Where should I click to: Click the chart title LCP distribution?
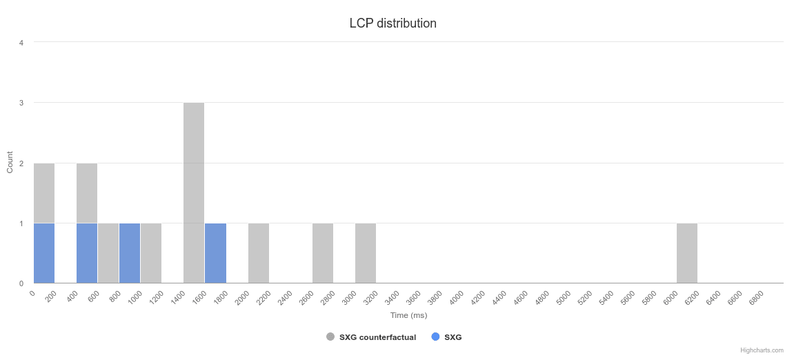point(393,23)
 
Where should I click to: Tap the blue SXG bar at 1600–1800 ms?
point(215,253)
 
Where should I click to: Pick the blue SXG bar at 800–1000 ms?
point(130,253)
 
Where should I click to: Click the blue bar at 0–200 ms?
point(44,253)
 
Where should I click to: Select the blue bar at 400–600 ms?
point(87,253)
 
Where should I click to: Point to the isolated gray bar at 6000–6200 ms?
point(686,253)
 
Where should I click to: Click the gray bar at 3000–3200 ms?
point(366,253)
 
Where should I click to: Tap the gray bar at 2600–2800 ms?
point(323,253)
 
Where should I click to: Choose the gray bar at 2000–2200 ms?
point(259,253)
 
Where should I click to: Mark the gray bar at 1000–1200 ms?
point(151,253)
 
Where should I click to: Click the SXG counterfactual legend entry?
point(377,337)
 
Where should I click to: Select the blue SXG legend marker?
point(435,337)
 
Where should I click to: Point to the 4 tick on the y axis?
point(21,43)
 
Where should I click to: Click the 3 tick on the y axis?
point(21,103)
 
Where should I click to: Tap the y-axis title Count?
point(10,162)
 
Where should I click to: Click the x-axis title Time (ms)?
point(408,315)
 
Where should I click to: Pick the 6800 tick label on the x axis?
point(756,298)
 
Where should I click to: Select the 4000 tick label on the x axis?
point(457,298)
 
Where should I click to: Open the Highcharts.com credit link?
point(762,350)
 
